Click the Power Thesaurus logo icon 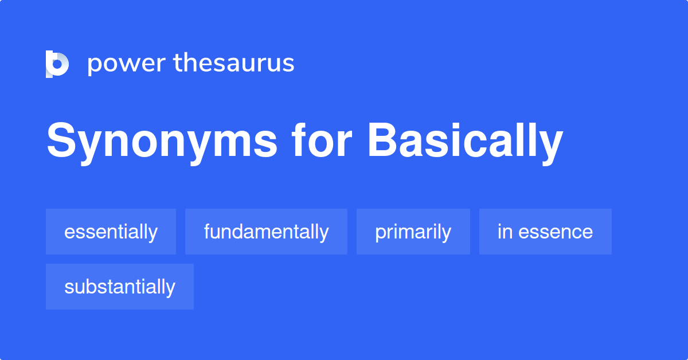pyautogui.click(x=57, y=64)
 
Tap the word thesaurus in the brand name pyautogui.click(x=234, y=62)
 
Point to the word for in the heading pyautogui.click(x=322, y=139)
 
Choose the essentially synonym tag pyautogui.click(x=111, y=232)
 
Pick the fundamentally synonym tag pyautogui.click(x=266, y=232)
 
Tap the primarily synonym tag pyautogui.click(x=413, y=232)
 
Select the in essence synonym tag pyautogui.click(x=545, y=232)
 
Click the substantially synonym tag pyautogui.click(x=120, y=287)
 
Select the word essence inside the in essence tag pyautogui.click(x=556, y=232)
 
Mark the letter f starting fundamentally pyautogui.click(x=208, y=231)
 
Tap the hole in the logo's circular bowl pyautogui.click(x=57, y=64)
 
